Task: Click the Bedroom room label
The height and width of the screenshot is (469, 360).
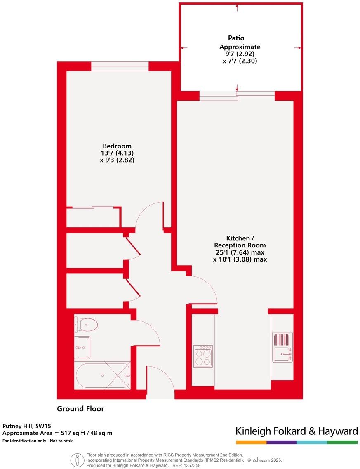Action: [117, 146]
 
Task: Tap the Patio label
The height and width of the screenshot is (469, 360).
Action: [236, 38]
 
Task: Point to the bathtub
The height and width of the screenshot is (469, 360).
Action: [102, 375]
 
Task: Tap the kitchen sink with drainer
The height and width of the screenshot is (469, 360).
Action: [282, 347]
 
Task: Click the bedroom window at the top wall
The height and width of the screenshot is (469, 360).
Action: [120, 66]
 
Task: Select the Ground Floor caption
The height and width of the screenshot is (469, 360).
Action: [80, 409]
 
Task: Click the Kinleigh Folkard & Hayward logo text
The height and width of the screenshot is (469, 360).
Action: [296, 431]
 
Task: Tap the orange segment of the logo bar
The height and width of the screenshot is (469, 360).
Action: [251, 442]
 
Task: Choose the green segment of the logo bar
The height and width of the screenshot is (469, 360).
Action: [342, 442]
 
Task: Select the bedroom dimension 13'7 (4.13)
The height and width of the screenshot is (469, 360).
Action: [117, 153]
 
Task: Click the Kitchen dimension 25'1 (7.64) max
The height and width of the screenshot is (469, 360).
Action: [240, 252]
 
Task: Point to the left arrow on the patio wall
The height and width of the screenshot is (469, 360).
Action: [184, 48]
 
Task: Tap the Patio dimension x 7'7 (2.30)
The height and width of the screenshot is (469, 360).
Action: [240, 61]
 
